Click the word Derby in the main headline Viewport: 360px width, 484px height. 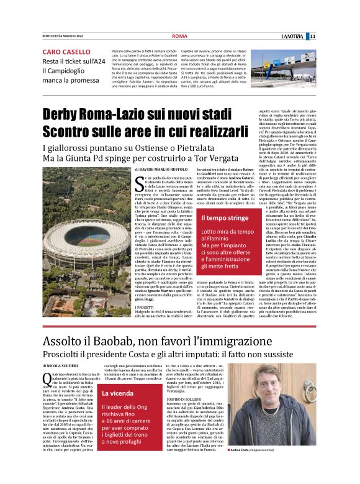tap(71, 115)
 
